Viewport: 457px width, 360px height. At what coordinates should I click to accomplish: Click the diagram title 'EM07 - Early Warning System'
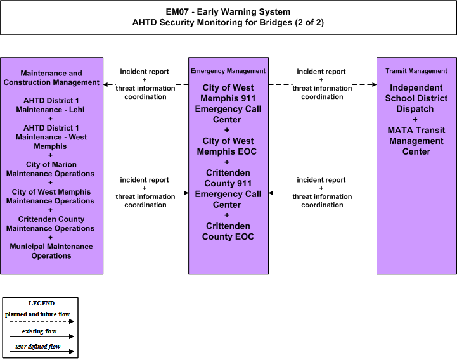[228, 11]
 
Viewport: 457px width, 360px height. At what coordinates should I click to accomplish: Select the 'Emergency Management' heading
[228, 71]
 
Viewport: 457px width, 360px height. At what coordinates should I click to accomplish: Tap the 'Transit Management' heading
[416, 71]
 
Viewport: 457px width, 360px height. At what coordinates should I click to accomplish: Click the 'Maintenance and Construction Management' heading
[51, 78]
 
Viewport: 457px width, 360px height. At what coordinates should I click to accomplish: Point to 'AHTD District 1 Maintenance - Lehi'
[51, 105]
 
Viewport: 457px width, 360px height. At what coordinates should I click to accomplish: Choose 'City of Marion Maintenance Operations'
[51, 169]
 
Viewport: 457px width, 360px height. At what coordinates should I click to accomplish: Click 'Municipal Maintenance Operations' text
[51, 251]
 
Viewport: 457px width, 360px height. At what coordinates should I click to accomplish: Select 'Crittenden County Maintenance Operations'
[51, 224]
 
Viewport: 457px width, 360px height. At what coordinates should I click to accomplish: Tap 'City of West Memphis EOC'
[228, 146]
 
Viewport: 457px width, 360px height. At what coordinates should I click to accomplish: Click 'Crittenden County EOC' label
[228, 231]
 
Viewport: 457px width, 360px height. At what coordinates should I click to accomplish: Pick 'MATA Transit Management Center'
[416, 141]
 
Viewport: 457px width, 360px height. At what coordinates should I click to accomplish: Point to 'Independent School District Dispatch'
[416, 98]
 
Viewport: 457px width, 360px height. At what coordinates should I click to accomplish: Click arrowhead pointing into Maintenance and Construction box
[106, 84]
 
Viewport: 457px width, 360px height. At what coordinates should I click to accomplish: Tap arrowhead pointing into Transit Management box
[374, 84]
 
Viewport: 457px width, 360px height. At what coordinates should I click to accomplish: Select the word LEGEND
[41, 303]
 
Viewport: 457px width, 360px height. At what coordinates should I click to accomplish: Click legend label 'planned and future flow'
[37, 314]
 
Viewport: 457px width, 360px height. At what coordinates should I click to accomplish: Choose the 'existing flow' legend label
[39, 331]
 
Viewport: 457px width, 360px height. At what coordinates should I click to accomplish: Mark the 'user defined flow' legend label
[37, 347]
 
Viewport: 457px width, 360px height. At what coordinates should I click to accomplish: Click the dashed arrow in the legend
[42, 321]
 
